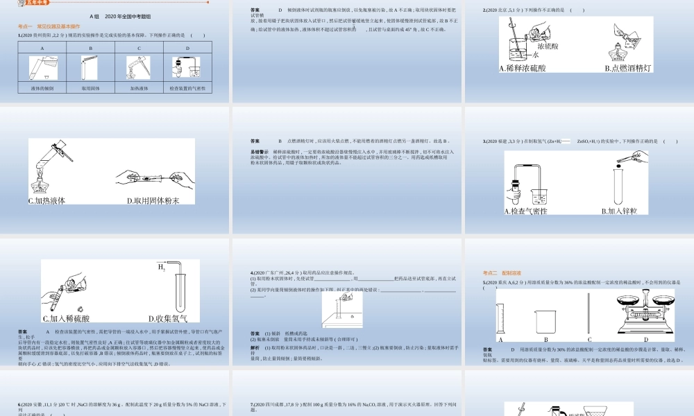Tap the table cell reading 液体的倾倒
pyautogui.click(x=42, y=88)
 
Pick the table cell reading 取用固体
pyautogui.click(x=91, y=88)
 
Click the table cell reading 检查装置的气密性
pyautogui.click(x=187, y=88)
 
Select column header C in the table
pyautogui.click(x=139, y=48)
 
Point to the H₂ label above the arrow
pyautogui.click(x=161, y=266)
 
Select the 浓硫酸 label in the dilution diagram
pyautogui.click(x=548, y=46)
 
